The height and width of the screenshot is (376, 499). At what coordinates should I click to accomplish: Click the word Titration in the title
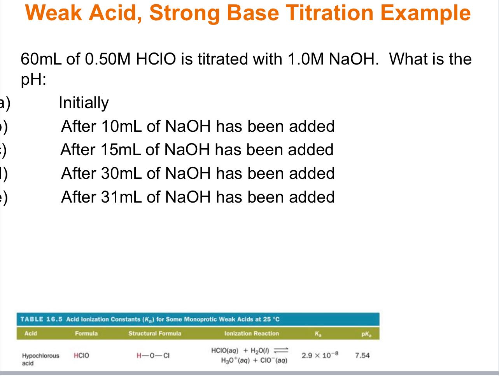(335, 12)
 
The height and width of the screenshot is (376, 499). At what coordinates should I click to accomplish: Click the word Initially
(84, 103)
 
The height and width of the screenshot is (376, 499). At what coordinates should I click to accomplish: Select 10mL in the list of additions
(122, 126)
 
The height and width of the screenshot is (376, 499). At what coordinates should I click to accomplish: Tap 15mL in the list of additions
(121, 150)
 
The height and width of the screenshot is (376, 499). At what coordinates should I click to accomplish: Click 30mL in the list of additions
(122, 173)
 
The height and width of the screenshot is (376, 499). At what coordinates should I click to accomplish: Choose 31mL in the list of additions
(122, 197)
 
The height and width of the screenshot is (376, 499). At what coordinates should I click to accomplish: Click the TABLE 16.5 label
(42, 319)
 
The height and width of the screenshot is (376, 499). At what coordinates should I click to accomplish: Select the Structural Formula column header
(155, 334)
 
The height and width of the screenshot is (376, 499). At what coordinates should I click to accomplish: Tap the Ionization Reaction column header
(252, 334)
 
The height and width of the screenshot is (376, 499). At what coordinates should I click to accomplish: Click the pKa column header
(365, 334)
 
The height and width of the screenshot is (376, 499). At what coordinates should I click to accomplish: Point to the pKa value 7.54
(362, 355)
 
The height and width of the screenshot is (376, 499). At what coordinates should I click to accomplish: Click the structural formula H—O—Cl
(153, 355)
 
